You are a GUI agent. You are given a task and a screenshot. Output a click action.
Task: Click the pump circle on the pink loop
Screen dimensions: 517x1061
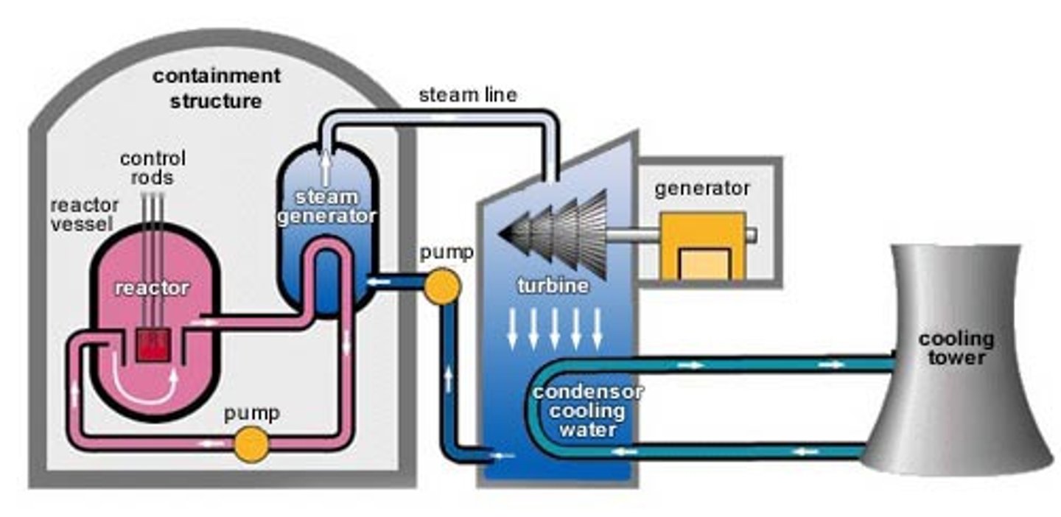(251, 444)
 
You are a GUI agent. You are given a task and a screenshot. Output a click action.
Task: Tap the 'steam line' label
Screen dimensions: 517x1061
(468, 95)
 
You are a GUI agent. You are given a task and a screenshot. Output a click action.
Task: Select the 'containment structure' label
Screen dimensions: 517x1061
(216, 88)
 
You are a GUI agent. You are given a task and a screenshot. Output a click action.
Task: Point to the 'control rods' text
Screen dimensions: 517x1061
(153, 168)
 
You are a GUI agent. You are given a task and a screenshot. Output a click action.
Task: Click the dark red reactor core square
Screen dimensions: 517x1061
(153, 344)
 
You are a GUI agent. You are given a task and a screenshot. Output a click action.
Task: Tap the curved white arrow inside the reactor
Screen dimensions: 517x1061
(148, 387)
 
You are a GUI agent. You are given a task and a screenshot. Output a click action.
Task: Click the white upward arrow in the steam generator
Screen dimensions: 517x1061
(326, 169)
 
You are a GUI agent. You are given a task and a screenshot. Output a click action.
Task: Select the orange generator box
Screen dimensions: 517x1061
(701, 246)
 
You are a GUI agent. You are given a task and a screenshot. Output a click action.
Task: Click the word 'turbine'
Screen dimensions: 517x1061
(553, 286)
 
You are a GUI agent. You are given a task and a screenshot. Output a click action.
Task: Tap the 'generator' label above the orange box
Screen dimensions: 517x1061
(702, 189)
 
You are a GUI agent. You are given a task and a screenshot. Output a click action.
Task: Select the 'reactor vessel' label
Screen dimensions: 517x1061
(81, 214)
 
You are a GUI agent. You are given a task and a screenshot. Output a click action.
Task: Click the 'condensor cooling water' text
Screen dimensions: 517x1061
(587, 409)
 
